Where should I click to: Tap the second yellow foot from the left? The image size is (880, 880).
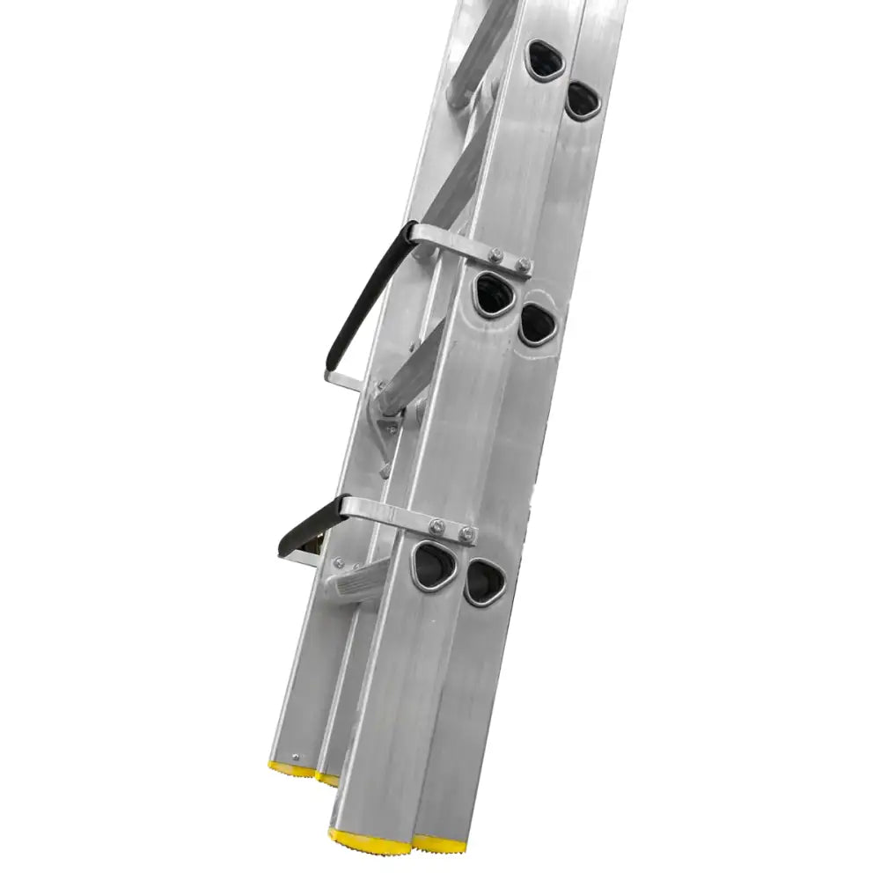tap(327, 777)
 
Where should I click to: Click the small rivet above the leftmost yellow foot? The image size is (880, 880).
tap(295, 755)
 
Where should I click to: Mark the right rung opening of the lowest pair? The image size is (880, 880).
tap(483, 581)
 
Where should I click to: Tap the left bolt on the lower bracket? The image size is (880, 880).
tap(436, 525)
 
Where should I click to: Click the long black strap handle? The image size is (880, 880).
tap(361, 299)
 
